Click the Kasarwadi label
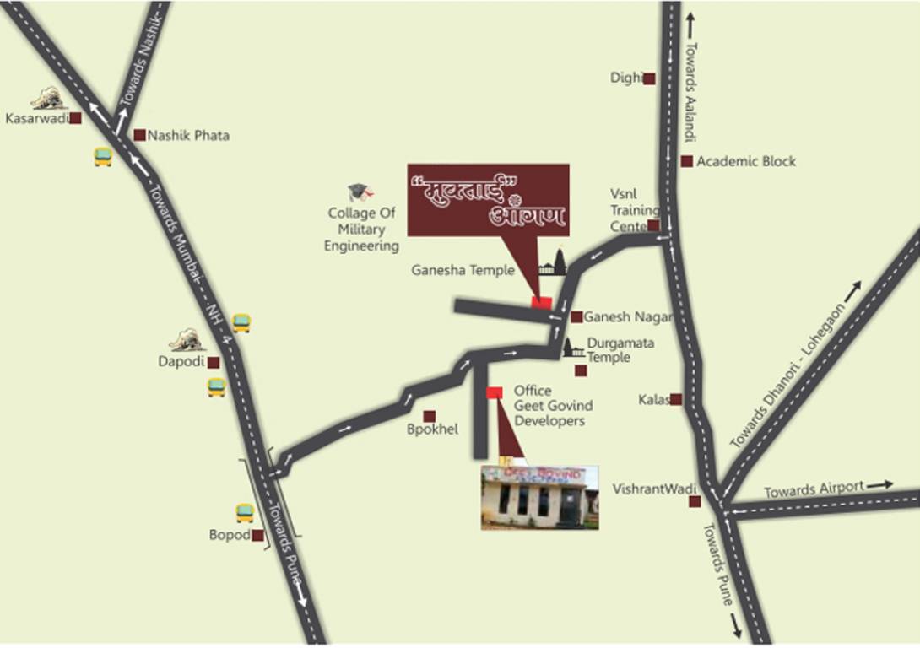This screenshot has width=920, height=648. (36, 119)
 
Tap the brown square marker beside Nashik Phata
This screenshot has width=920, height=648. (139, 135)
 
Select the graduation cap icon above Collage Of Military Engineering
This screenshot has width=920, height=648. (359, 193)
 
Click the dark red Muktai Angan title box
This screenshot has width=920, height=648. (488, 200)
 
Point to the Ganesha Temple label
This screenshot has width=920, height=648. (463, 271)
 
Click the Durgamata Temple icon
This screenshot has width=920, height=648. (574, 347)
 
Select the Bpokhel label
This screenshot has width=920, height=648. (432, 429)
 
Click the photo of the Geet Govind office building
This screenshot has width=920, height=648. (539, 498)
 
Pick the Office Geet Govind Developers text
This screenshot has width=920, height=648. (549, 406)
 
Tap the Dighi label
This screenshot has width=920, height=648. (626, 78)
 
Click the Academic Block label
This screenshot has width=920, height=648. (746, 161)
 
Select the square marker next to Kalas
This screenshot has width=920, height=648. (676, 399)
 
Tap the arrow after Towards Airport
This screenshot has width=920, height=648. (879, 484)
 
